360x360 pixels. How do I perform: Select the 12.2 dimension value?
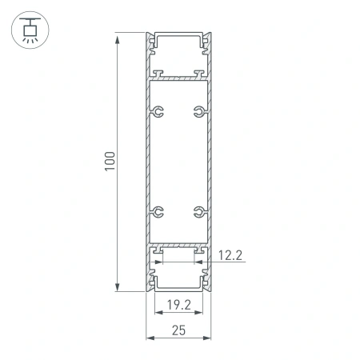[230, 256]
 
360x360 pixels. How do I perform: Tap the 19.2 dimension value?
[178, 304]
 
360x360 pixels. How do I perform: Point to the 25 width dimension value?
[178, 330]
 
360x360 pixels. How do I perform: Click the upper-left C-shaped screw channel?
[159, 111]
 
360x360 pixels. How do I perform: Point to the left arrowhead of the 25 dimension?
[148, 338]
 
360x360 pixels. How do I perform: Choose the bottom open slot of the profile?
[178, 280]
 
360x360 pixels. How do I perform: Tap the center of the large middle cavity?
[178, 162]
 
